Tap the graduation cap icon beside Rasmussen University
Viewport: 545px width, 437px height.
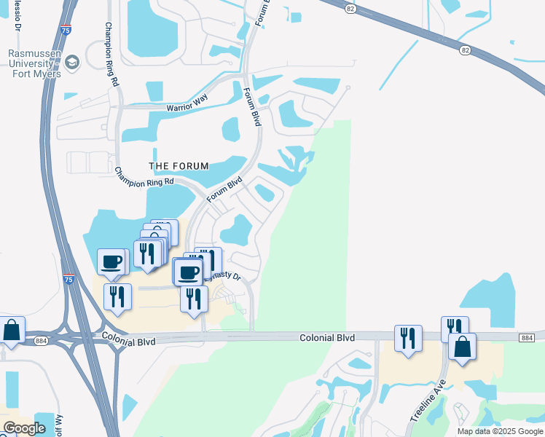click(72, 63)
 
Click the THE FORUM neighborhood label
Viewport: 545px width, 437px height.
click(179, 165)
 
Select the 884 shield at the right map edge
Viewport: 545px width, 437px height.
click(528, 337)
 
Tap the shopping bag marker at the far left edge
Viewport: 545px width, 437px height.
click(12, 330)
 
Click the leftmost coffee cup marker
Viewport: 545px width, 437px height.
click(112, 262)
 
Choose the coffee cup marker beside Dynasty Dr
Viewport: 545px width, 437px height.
click(189, 272)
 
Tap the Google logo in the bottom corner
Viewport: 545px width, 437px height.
click(24, 428)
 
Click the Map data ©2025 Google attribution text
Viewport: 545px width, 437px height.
click(500, 430)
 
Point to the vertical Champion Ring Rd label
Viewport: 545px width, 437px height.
click(111, 54)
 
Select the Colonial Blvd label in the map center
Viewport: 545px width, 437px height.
click(326, 337)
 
